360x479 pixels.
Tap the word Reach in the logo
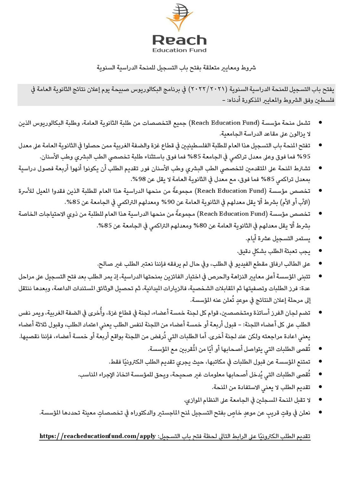coord(179,40)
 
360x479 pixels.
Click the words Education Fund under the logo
coord(179,50)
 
